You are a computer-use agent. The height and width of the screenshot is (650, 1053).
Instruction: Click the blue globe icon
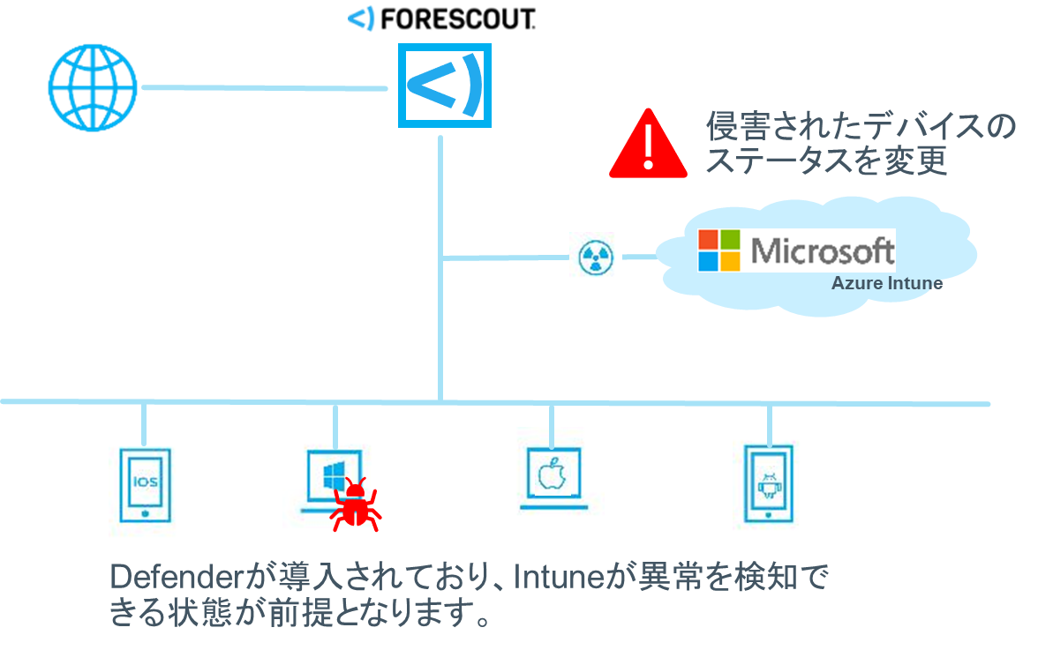93,87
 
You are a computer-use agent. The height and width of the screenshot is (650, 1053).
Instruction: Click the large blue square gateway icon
444,85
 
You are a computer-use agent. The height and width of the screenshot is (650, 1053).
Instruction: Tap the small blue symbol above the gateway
363,18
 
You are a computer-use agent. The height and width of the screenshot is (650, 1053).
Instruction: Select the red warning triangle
648,143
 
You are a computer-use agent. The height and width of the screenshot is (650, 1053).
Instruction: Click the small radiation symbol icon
594,257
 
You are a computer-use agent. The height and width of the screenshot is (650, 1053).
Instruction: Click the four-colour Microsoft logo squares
719,250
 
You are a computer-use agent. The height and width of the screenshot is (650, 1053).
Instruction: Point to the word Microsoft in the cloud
821,250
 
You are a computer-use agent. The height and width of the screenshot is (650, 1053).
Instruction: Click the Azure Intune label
886,284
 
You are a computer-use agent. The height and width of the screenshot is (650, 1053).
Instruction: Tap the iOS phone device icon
147,482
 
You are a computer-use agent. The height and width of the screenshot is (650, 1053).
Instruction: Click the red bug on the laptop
356,505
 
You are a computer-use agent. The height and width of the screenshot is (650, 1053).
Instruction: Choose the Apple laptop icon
550,477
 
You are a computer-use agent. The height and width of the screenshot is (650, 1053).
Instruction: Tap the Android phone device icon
767,477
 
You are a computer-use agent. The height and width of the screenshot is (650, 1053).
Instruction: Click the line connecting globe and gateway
265,87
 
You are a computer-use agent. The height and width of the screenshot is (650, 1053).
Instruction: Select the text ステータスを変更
826,161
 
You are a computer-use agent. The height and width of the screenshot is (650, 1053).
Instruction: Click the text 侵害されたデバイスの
861,126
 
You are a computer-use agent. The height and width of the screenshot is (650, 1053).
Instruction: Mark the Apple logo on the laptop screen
550,473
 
